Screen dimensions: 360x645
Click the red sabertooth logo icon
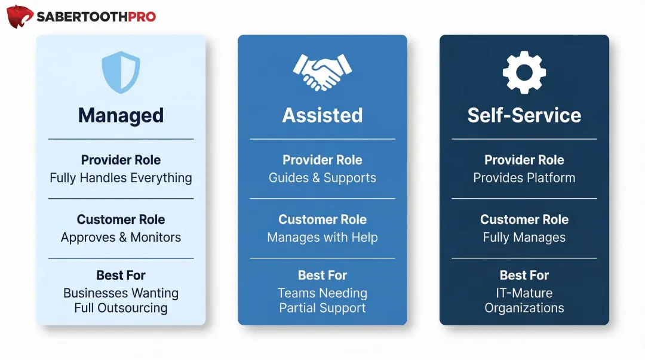coord(20,17)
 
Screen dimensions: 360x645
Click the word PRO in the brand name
coord(142,17)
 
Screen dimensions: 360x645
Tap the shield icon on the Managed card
coord(121,72)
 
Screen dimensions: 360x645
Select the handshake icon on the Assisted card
coord(322,72)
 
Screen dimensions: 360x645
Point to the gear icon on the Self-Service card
coord(524,72)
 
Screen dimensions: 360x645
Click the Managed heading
coord(121,115)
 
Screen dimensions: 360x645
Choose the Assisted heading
coord(322,115)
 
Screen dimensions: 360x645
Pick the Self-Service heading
coord(524,115)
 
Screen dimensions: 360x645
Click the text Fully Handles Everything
coord(121,178)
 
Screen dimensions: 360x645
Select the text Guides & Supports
coord(322,178)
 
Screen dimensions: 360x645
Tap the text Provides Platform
coord(524,178)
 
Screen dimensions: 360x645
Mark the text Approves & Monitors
coord(121,238)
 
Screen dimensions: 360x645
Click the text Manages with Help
coord(322,238)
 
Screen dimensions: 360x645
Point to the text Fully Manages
coord(524,238)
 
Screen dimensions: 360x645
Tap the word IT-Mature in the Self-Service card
coord(524,293)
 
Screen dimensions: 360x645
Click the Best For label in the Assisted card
coord(322,275)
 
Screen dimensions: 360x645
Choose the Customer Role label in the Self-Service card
coord(524,220)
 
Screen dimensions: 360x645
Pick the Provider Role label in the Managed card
coord(121,160)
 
